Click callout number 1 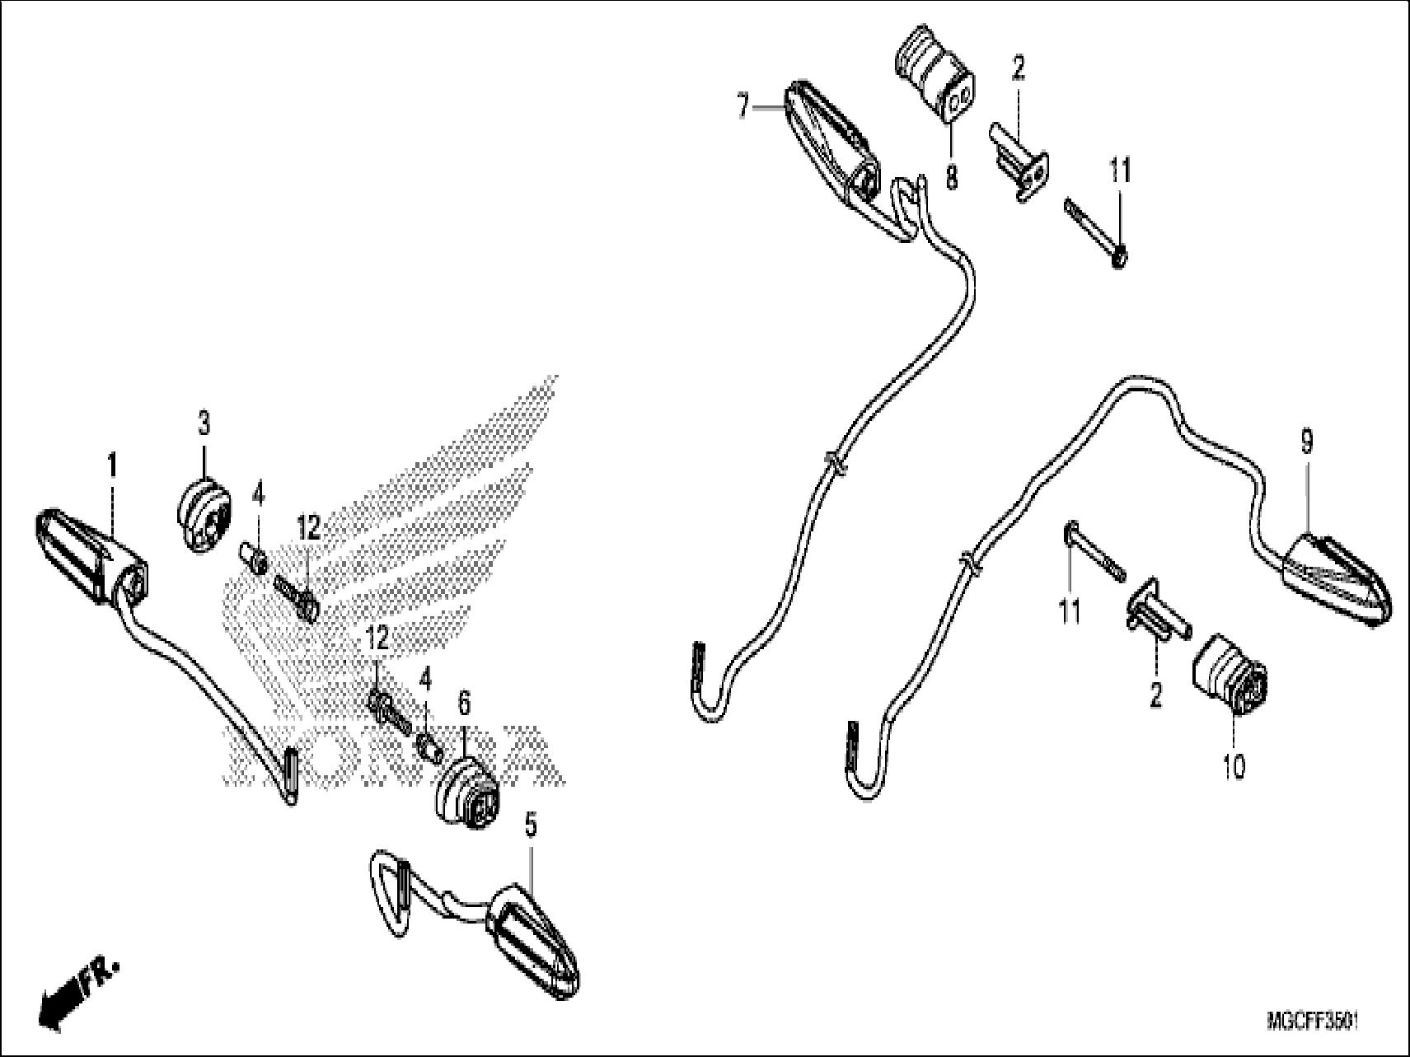click(x=112, y=467)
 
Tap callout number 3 click(x=204, y=425)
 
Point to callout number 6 click(x=464, y=704)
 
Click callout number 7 click(x=742, y=107)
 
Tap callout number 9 click(x=1306, y=444)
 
